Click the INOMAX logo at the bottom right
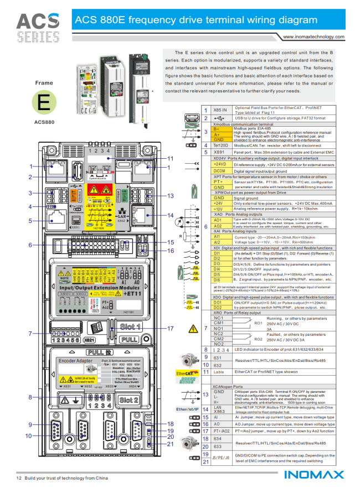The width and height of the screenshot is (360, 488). click(x=314, y=476)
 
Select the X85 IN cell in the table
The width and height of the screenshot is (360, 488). click(x=220, y=110)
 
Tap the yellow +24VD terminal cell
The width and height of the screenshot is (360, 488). click(x=220, y=164)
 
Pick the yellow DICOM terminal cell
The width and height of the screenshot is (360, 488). click(x=220, y=172)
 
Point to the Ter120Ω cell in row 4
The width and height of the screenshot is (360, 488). click(x=220, y=145)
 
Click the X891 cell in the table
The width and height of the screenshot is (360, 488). click(x=220, y=152)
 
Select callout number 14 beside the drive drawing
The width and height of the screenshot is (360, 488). click(x=171, y=215)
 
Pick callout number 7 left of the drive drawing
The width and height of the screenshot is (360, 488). click(x=30, y=334)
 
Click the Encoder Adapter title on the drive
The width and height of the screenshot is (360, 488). click(x=75, y=361)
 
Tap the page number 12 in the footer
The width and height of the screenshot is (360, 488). click(x=18, y=477)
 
